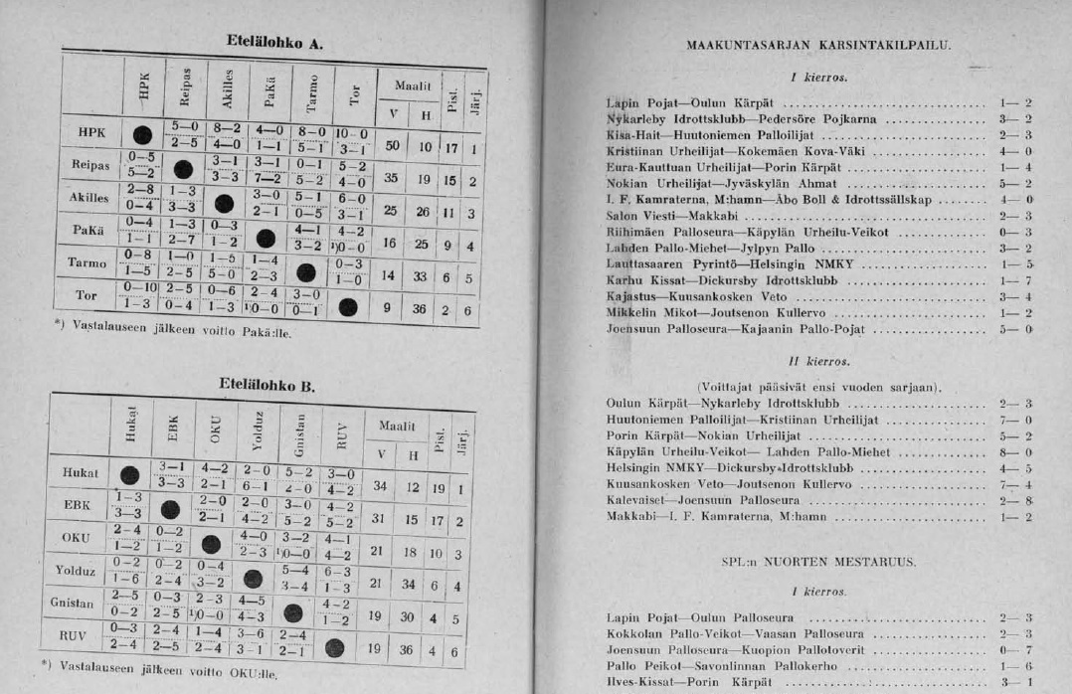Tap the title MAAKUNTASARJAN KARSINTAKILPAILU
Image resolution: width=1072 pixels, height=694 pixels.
tap(818, 46)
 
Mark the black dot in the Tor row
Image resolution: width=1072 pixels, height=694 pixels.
tap(348, 307)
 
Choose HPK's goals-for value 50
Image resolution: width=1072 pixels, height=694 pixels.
tap(392, 145)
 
